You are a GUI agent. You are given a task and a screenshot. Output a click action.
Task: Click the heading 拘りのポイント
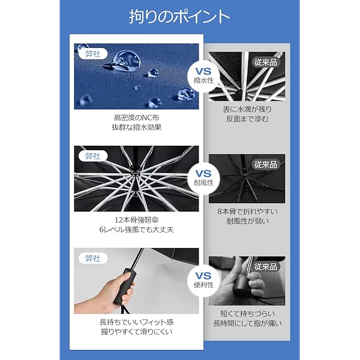179,16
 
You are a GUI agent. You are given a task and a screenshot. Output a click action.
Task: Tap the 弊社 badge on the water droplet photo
93,54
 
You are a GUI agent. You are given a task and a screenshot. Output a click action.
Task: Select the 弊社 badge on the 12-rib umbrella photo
93,156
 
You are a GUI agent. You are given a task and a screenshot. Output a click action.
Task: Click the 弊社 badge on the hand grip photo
93,259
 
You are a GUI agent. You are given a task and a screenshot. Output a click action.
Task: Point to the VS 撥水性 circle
204,75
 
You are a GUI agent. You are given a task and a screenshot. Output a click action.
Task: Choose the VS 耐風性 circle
204,178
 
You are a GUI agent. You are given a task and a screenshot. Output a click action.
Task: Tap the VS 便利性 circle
204,280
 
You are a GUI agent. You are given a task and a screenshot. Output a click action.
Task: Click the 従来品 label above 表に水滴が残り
265,62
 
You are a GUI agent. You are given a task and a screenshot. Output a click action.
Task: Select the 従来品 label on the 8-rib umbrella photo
265,164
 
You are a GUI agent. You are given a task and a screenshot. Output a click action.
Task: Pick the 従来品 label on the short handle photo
265,267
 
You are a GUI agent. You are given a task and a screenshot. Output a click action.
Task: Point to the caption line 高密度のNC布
137,118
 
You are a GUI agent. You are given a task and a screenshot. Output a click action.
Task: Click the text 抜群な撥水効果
137,127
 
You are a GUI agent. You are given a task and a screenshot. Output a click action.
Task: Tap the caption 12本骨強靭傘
137,220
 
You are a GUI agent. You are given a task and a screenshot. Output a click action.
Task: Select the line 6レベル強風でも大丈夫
137,229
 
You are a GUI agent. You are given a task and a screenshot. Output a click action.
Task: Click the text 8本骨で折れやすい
247,211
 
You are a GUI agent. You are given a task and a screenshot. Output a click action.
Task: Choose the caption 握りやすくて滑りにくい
137,332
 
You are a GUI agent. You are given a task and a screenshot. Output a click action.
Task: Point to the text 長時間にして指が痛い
247,323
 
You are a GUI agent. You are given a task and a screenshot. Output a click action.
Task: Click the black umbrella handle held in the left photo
124,286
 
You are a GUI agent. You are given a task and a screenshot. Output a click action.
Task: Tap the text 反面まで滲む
247,119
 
